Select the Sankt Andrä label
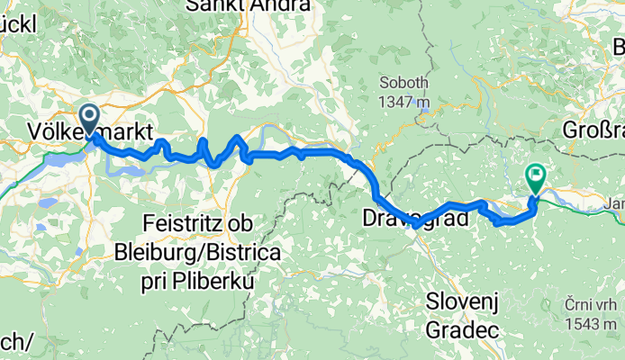[x=249, y=6]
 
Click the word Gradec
[x=463, y=330]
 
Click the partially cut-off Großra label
[x=593, y=130]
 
